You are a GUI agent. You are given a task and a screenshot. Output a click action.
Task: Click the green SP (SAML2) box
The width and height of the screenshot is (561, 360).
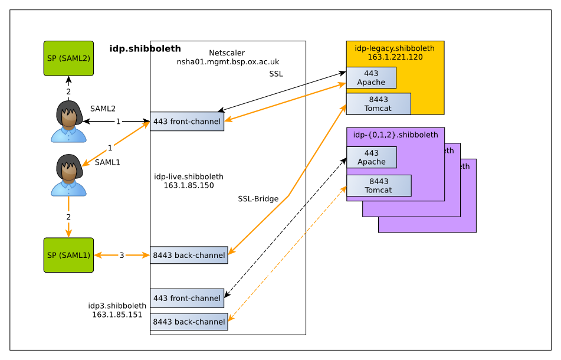pyautogui.click(x=68, y=58)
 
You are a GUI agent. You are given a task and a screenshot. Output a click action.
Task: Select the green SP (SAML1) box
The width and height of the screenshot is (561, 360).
pyautogui.click(x=68, y=255)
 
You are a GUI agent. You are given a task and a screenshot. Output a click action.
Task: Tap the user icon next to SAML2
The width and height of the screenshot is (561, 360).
pyautogui.click(x=68, y=122)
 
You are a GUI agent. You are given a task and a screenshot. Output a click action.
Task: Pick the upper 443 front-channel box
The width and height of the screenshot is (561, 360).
pyautogui.click(x=187, y=122)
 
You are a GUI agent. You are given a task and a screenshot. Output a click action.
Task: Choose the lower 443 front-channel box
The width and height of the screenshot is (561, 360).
pyautogui.click(x=187, y=298)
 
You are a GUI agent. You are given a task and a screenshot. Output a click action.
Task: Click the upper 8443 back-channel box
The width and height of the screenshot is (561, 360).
pyautogui.click(x=189, y=256)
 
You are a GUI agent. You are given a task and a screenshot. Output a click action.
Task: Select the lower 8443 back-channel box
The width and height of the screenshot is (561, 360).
pyautogui.click(x=189, y=322)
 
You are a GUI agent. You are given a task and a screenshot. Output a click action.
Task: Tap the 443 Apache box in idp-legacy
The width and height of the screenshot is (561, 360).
pyautogui.click(x=371, y=78)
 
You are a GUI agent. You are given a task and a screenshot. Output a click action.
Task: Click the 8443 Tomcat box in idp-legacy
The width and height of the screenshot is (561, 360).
pyautogui.click(x=378, y=104)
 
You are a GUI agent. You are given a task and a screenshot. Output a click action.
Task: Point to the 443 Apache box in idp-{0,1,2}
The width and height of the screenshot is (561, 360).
pyautogui.click(x=372, y=158)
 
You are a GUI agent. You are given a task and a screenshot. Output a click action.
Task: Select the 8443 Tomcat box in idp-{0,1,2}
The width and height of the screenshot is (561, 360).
pyautogui.click(x=379, y=185)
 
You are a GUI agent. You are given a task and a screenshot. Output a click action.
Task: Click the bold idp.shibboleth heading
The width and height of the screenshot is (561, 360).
pyautogui.click(x=145, y=48)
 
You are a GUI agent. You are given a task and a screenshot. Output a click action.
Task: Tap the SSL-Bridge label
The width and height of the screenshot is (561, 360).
pyautogui.click(x=258, y=199)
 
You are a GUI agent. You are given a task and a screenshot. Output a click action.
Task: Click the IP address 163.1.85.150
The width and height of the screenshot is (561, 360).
pyautogui.click(x=189, y=185)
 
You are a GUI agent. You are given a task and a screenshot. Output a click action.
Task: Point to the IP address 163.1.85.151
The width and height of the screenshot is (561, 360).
pyautogui.click(x=117, y=315)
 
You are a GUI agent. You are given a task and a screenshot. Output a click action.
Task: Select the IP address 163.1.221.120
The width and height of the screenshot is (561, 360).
pyautogui.click(x=395, y=57)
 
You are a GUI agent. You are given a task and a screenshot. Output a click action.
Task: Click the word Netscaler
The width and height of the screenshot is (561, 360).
pyautogui.click(x=227, y=53)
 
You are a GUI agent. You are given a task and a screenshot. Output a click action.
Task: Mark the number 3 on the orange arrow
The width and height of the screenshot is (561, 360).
pyautogui.click(x=122, y=256)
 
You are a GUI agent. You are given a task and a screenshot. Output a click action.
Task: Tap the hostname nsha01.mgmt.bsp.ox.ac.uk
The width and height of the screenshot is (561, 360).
pyautogui.click(x=228, y=61)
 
